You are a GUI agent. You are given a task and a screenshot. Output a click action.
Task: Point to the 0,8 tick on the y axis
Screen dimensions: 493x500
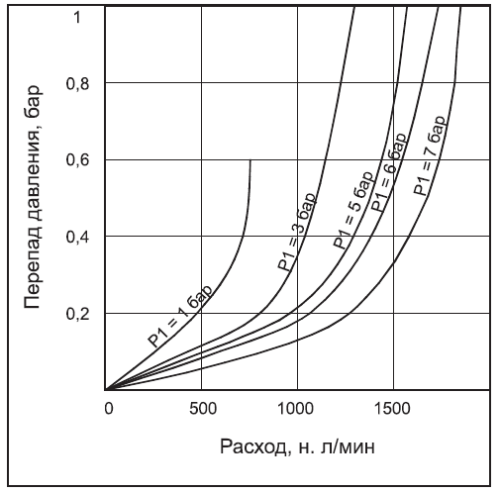pos(76,83)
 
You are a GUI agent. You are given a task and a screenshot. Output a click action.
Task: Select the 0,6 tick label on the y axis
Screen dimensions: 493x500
pos(76,160)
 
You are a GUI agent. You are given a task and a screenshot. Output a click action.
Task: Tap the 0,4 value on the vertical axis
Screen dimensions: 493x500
pos(76,237)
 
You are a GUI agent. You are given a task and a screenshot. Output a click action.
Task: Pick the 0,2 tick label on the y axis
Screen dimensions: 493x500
pos(76,314)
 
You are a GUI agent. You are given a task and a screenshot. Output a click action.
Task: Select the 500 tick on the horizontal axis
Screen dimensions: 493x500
pos(201,406)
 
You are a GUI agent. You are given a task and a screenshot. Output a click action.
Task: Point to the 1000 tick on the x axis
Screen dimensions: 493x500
pos(297,406)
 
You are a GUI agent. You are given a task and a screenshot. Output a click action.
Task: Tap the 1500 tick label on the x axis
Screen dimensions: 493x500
pos(393,406)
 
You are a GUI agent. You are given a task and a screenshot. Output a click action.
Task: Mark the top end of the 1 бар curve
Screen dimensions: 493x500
pos(250,159)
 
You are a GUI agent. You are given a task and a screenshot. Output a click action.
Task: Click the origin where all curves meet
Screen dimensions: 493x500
pos(105,390)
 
